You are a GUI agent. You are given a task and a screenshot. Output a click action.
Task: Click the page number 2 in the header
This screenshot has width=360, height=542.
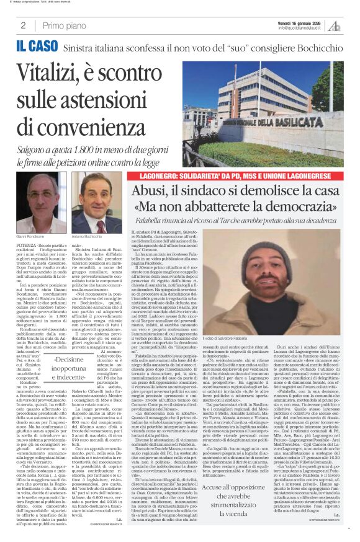click(22, 25)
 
